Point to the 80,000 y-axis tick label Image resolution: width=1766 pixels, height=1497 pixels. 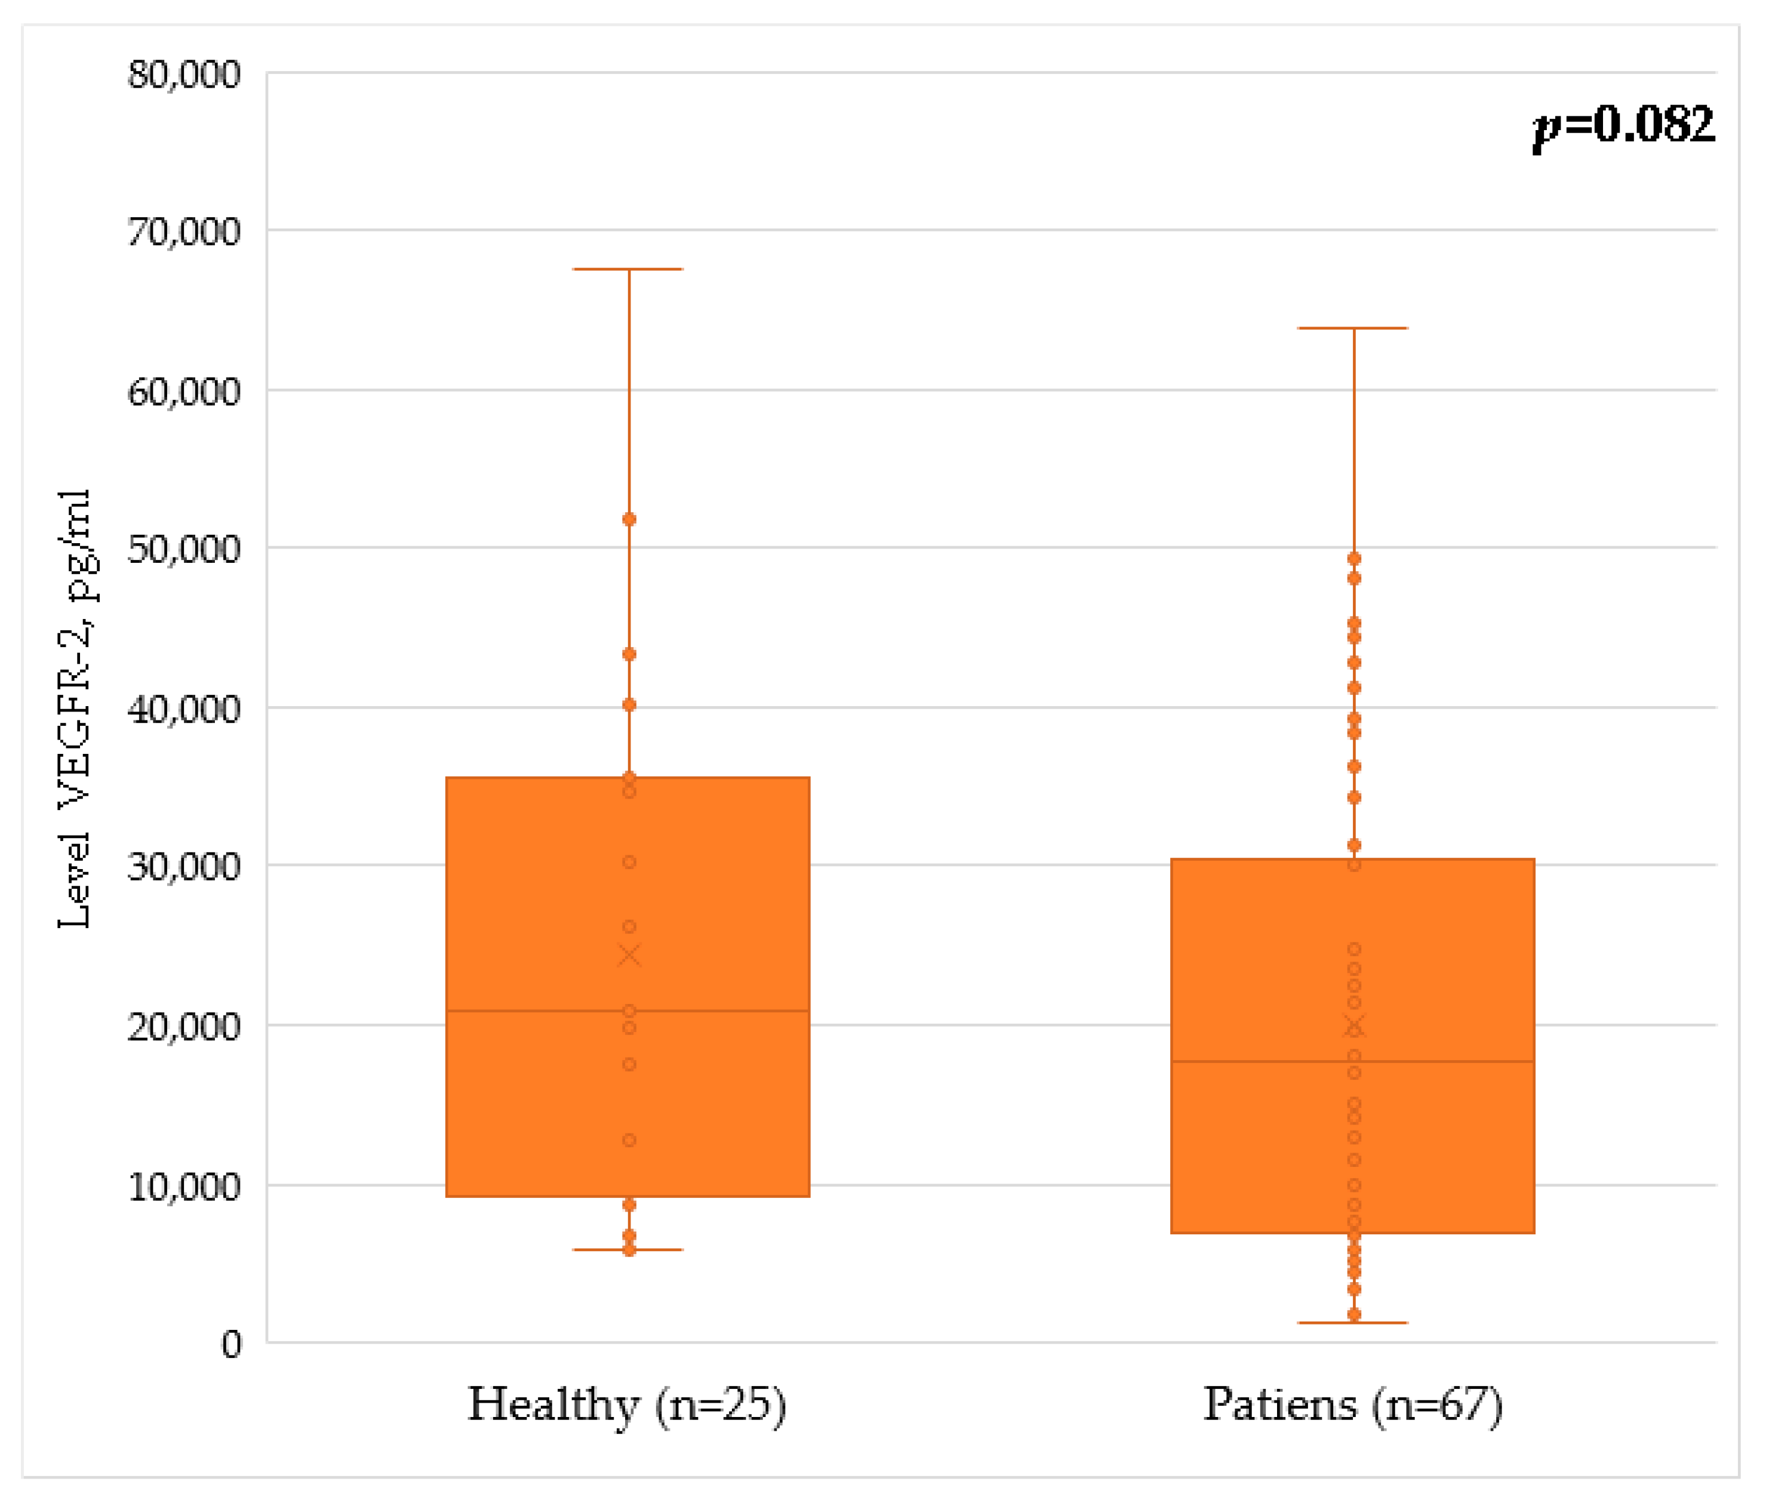pos(184,75)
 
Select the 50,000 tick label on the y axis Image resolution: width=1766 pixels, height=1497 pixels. pos(184,549)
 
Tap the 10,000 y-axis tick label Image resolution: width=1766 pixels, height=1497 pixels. pos(184,1187)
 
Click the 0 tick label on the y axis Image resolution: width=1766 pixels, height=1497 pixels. pos(232,1345)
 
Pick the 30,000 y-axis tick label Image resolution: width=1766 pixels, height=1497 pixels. pos(184,867)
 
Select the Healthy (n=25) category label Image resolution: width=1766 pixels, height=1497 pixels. pos(627,1405)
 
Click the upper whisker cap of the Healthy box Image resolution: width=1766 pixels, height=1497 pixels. pos(628,269)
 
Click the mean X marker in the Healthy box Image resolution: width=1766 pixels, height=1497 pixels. pos(629,956)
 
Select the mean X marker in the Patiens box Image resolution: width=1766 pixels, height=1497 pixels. pos(1355,1027)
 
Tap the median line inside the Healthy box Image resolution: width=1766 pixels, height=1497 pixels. pos(543,1011)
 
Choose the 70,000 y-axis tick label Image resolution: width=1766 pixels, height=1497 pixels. pos(184,232)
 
